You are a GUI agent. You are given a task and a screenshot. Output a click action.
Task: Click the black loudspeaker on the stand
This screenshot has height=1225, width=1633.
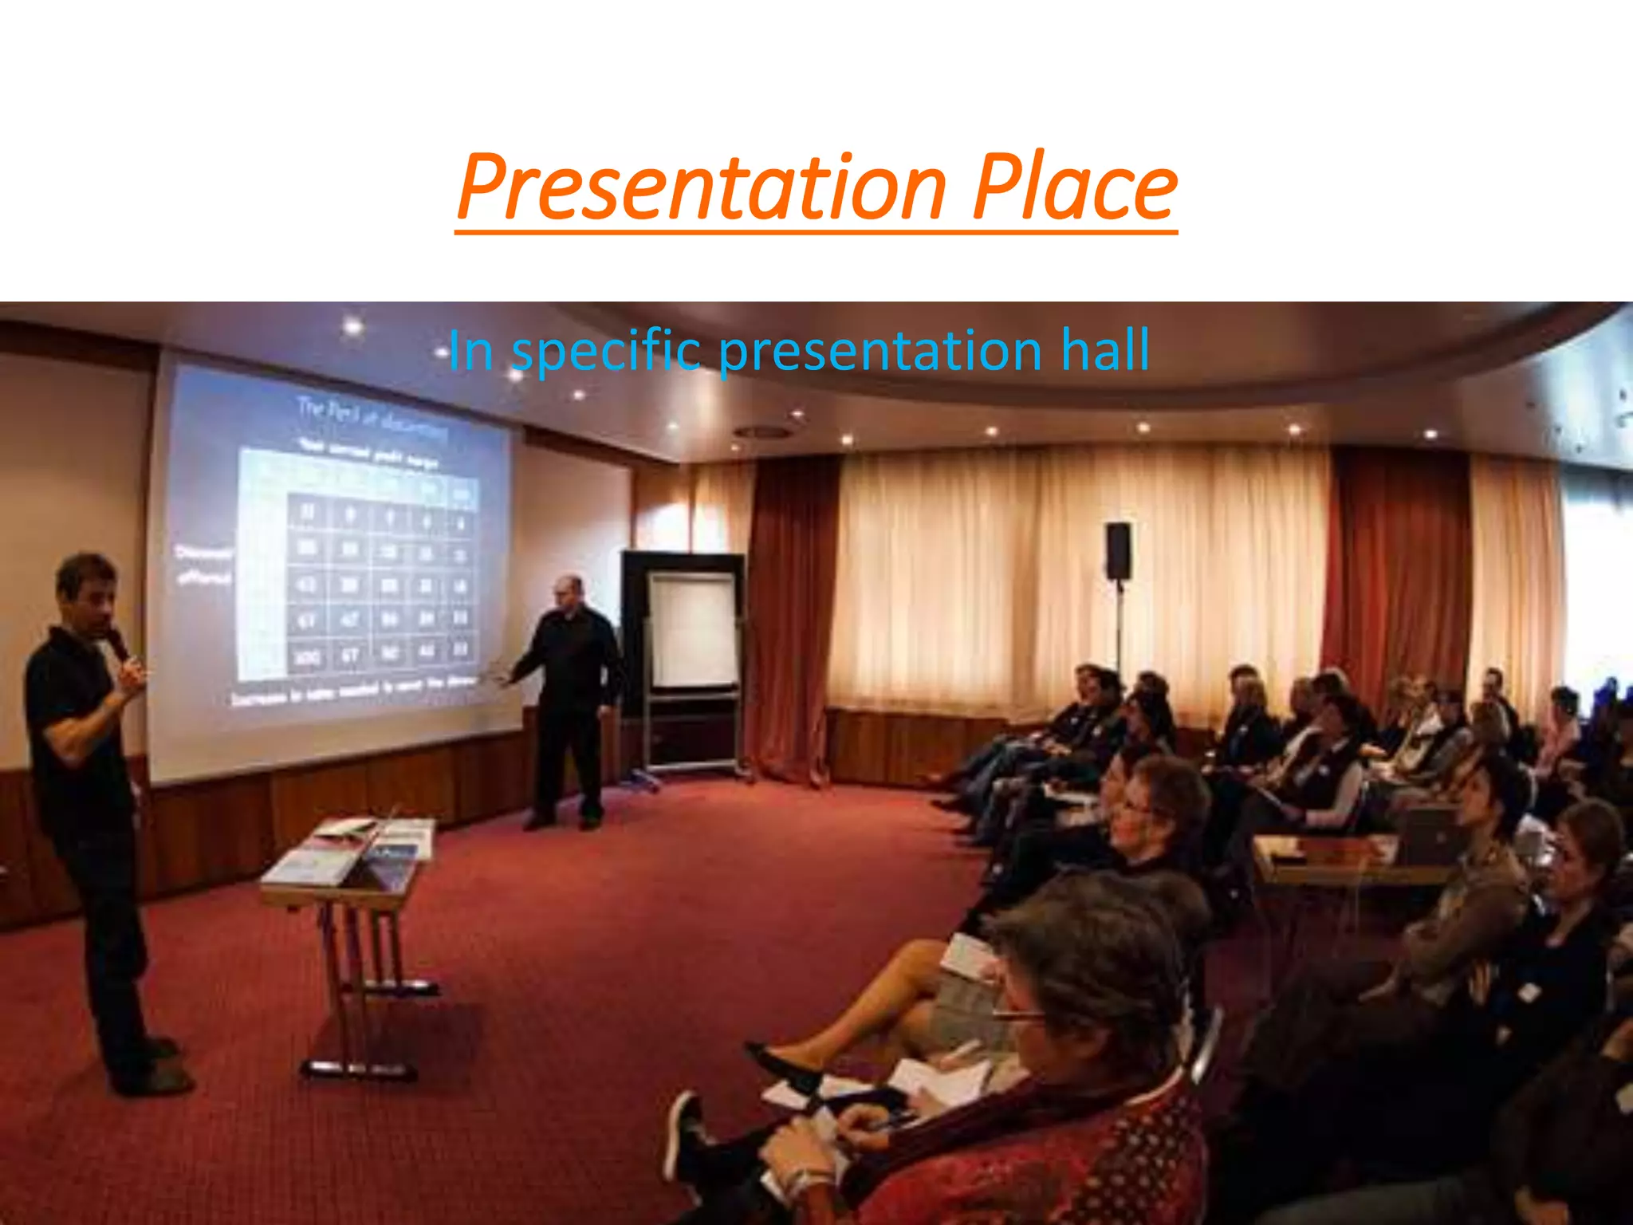point(1117,550)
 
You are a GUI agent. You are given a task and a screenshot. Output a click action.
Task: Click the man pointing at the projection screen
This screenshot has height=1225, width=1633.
point(569,694)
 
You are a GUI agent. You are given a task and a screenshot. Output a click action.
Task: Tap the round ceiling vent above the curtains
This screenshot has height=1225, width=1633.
point(764,432)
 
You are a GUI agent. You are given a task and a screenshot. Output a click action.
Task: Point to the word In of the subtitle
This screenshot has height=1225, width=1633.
point(470,351)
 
